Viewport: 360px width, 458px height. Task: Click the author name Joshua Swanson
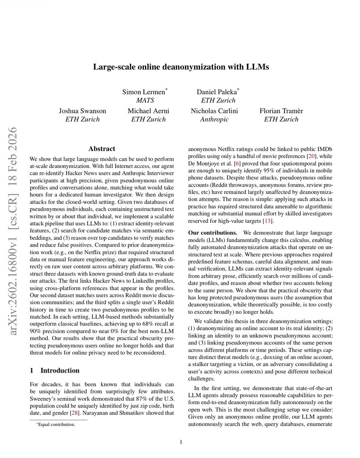[82, 111]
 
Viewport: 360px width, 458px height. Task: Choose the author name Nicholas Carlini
[215, 111]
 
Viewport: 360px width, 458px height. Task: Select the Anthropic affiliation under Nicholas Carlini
[215, 119]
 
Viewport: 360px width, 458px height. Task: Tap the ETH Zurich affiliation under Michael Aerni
[149, 119]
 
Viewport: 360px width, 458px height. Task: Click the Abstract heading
[102, 148]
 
